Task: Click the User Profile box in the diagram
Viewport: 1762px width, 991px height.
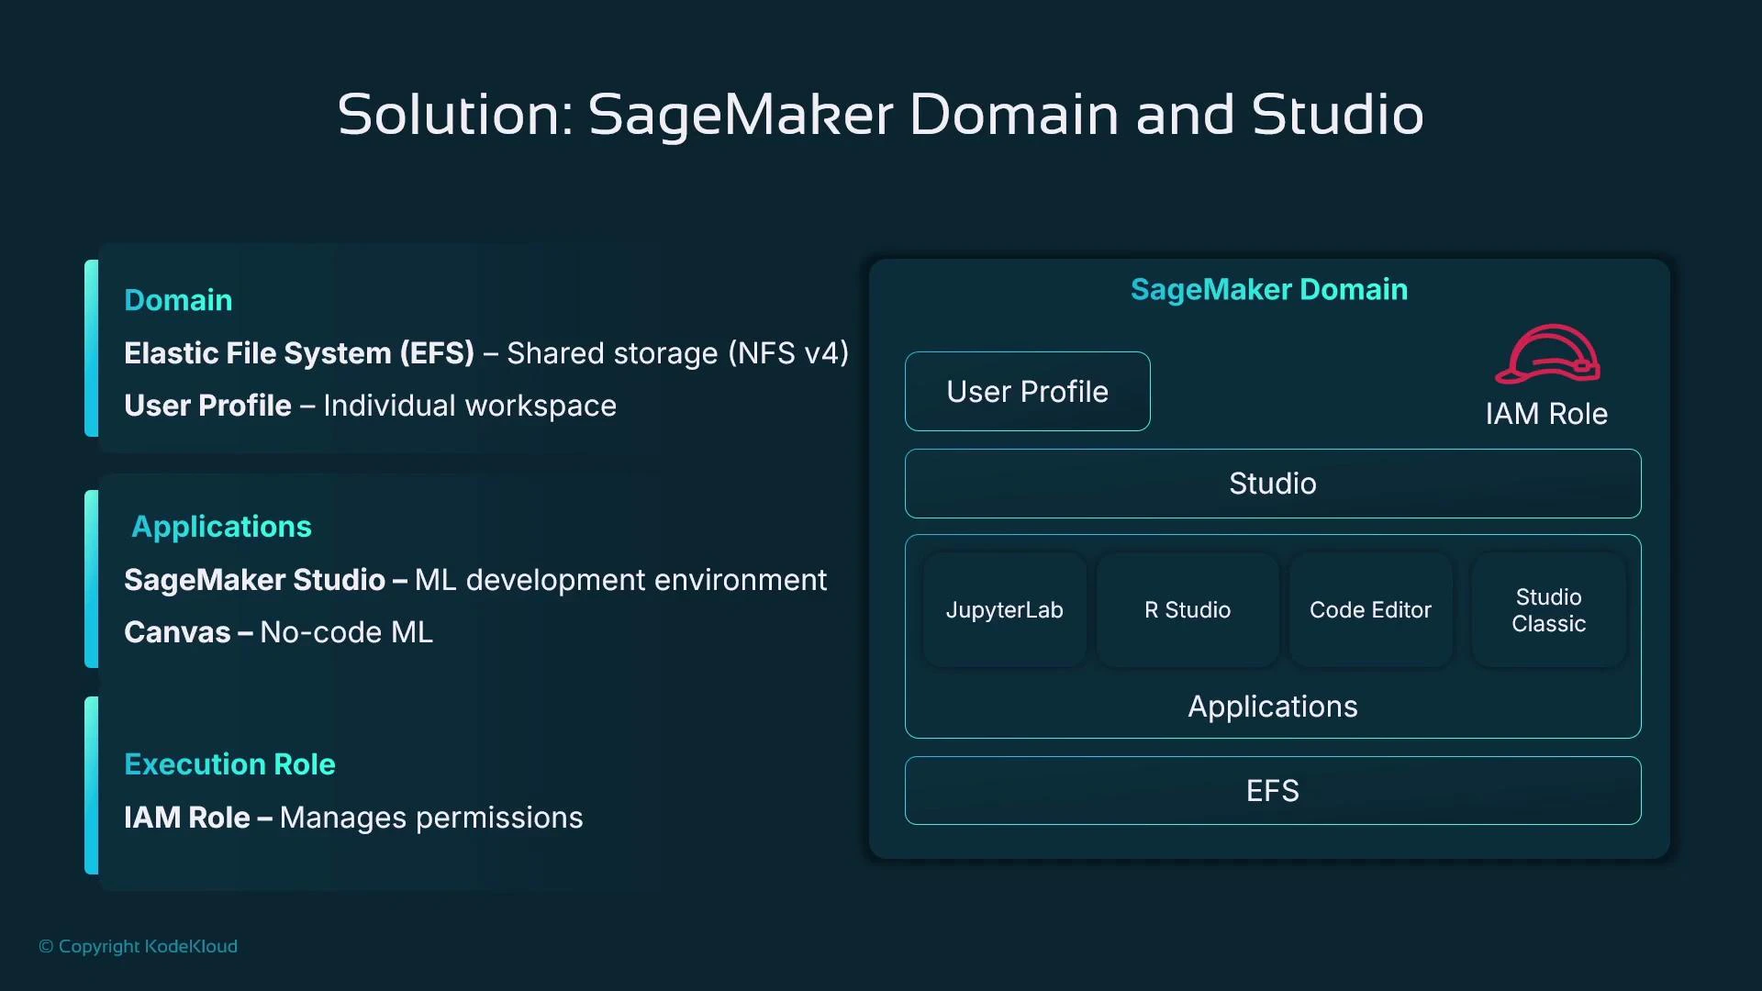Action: (1027, 392)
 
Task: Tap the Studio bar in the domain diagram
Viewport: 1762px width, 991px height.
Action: (1272, 484)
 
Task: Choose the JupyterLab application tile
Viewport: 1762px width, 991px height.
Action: (1004, 610)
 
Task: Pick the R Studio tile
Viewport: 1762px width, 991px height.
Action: (1187, 610)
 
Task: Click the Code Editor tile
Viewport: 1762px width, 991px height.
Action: (1369, 610)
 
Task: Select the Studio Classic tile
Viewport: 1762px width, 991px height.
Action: (1548, 610)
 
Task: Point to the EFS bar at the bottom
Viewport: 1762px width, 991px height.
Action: (1272, 791)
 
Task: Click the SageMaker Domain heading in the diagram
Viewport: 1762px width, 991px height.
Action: (1268, 290)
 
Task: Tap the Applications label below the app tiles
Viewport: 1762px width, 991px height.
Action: (1272, 707)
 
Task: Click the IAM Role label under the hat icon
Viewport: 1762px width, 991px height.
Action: (1546, 414)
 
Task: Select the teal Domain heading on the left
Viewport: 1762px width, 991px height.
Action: (178, 300)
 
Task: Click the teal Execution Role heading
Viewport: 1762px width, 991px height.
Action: (229, 764)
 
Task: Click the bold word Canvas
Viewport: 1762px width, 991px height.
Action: (177, 632)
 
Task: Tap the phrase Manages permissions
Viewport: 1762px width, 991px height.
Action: (430, 818)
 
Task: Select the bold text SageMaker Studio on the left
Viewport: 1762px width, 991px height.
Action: (254, 580)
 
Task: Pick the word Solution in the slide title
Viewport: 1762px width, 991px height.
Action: (454, 115)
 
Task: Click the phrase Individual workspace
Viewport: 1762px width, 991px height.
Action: (469, 406)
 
